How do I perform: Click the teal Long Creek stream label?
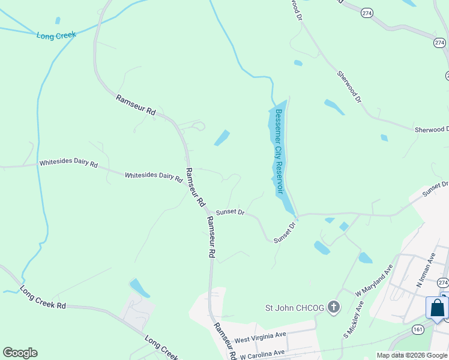(56, 35)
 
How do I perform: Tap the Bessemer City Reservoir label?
(278, 151)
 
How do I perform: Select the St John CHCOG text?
(295, 308)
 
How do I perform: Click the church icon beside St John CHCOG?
(334, 308)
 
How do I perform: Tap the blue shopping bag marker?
(437, 308)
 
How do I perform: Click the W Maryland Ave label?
(373, 281)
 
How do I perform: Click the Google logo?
(20, 353)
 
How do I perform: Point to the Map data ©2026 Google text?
(412, 355)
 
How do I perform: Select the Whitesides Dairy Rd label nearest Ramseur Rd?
(154, 176)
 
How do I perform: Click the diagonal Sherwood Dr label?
(349, 86)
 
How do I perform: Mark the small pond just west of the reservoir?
(221, 138)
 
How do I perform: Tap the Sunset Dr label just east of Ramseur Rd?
(231, 212)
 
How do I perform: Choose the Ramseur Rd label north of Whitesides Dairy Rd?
(136, 105)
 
